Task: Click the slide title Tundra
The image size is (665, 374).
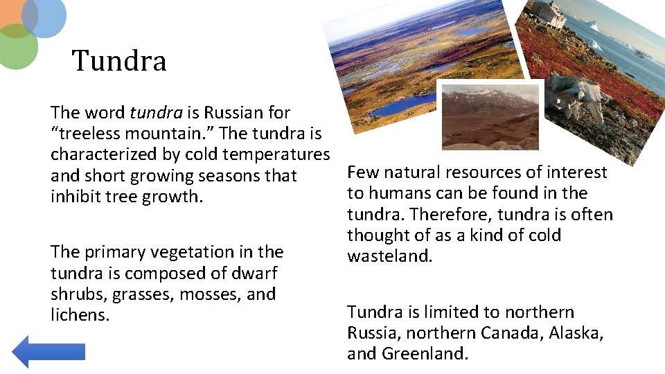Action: [119, 61]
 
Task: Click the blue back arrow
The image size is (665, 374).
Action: [48, 351]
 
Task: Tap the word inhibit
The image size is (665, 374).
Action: [74, 196]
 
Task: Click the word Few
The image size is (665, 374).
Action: [362, 172]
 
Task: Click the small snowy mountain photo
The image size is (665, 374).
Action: [490, 116]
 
